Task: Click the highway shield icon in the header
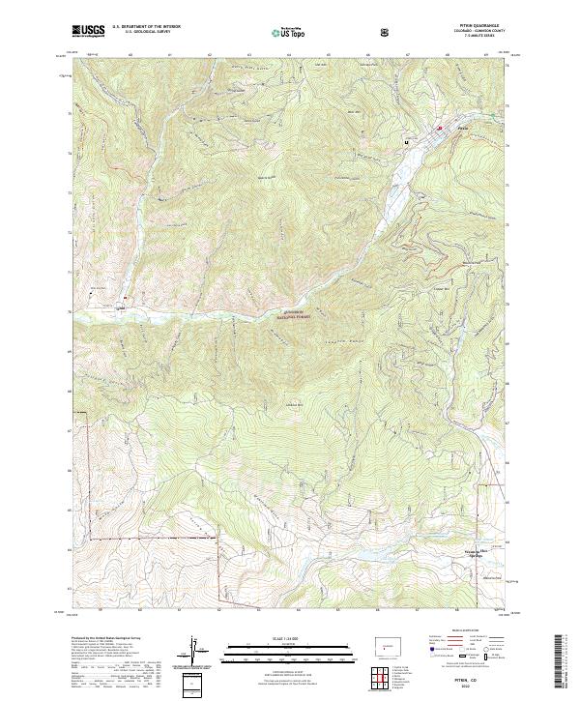[x=387, y=31]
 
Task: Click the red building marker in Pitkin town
[x=438, y=128]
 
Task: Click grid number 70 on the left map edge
[x=68, y=312]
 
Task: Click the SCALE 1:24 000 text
[x=259, y=636]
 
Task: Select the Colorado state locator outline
[x=384, y=644]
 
